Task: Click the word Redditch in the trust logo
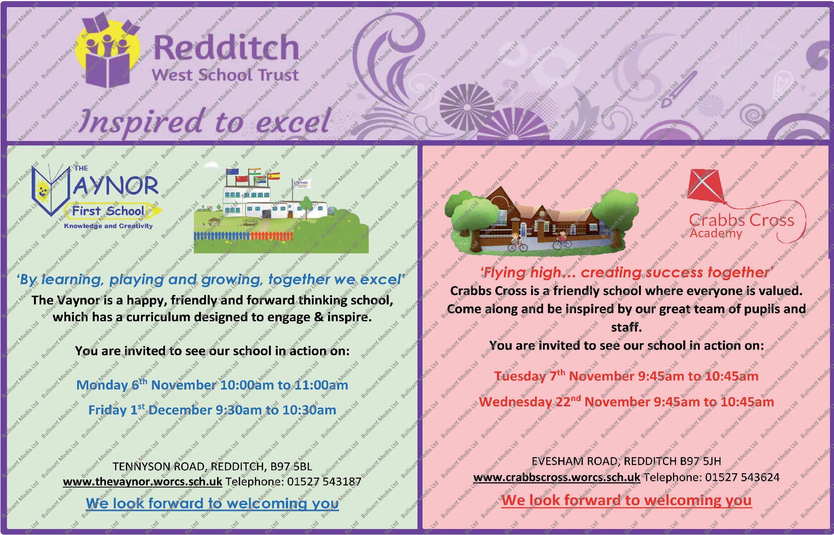click(226, 48)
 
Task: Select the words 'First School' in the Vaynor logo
click(108, 211)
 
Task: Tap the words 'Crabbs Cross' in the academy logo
click(741, 220)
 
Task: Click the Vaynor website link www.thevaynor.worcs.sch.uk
click(142, 481)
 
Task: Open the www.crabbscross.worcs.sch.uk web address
click(557, 477)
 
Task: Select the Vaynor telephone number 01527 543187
click(324, 481)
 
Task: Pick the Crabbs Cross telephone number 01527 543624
click(742, 477)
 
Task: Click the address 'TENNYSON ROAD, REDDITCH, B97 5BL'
click(212, 466)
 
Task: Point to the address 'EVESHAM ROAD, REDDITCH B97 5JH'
click(626, 461)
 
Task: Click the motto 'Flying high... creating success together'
click(626, 272)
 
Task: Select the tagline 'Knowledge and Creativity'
click(108, 226)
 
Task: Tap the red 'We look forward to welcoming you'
click(627, 500)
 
